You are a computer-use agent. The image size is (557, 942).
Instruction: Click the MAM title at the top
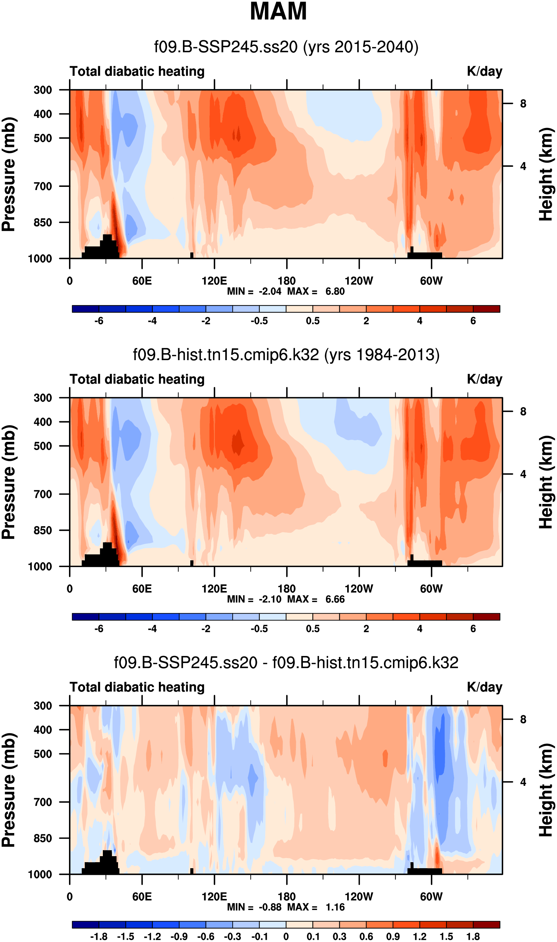(x=278, y=11)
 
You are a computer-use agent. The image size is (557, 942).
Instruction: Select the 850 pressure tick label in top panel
(x=43, y=222)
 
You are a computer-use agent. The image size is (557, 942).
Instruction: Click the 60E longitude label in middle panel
(x=142, y=589)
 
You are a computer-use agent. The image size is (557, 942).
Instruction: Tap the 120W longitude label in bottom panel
(x=359, y=897)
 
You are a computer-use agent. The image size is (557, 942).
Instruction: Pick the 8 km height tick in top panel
(x=523, y=104)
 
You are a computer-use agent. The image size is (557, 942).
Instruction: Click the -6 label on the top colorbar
(x=99, y=321)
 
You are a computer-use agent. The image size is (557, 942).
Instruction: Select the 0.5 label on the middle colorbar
(x=313, y=629)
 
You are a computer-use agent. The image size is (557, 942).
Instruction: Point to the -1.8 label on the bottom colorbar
(x=99, y=937)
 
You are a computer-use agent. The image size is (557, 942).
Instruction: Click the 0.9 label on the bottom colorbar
(x=393, y=937)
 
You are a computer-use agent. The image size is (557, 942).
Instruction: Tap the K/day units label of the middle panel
(x=484, y=379)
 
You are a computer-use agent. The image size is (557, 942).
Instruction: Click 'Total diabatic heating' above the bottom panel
(x=137, y=687)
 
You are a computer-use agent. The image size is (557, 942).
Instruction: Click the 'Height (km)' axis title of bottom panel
(x=547, y=790)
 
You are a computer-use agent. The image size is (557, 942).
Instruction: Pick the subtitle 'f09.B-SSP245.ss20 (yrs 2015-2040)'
(x=286, y=47)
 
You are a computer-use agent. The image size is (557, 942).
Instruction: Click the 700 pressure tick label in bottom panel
(x=43, y=802)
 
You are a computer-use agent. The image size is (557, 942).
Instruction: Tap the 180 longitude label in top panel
(x=286, y=281)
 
